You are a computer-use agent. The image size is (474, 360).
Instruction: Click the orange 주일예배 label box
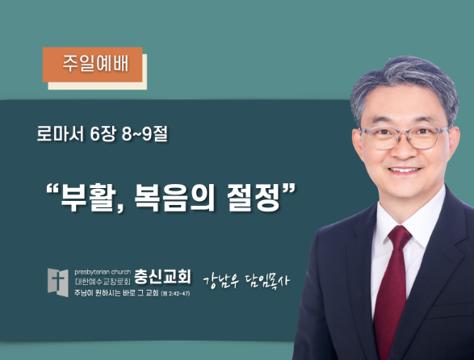click(x=93, y=65)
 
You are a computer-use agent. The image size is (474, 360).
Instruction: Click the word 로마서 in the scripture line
click(x=60, y=134)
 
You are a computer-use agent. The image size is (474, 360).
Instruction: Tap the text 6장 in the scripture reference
click(x=103, y=134)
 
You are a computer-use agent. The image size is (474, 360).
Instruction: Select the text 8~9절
click(x=145, y=134)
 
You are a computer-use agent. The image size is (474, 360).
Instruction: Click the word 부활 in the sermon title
click(x=89, y=198)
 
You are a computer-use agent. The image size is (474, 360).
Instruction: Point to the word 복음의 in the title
click(x=174, y=198)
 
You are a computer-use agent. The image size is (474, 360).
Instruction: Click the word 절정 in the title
click(x=254, y=198)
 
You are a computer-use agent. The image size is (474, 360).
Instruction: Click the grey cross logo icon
click(x=58, y=283)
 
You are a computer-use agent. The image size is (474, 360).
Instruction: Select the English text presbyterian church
click(x=103, y=272)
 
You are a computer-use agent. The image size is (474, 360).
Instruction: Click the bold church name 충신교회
click(x=162, y=276)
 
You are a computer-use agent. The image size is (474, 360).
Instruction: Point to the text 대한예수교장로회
click(x=103, y=282)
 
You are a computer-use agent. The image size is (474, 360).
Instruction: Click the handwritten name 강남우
click(x=221, y=281)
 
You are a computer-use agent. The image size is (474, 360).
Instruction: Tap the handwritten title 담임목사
click(x=266, y=281)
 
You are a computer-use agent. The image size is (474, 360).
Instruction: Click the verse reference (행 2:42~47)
click(x=176, y=293)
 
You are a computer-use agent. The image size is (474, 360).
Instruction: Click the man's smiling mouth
click(x=405, y=170)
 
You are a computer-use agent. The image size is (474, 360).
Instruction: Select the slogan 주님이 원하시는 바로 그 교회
click(x=116, y=293)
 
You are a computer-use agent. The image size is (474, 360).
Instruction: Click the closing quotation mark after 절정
click(x=288, y=190)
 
